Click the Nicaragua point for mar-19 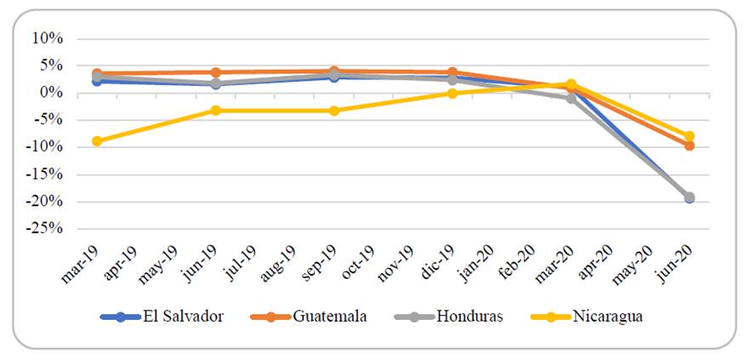click(x=97, y=141)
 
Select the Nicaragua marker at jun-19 click(x=215, y=111)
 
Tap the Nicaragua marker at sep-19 click(x=333, y=111)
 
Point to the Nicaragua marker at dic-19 click(x=452, y=94)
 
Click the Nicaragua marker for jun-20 click(x=689, y=136)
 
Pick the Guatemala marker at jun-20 click(x=689, y=146)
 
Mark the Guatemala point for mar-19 click(x=97, y=74)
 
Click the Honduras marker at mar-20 click(x=572, y=99)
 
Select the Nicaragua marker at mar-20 click(x=572, y=84)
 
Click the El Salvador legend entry click(x=162, y=317)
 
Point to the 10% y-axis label click(x=48, y=38)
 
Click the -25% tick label click(x=46, y=229)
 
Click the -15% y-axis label click(x=46, y=174)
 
